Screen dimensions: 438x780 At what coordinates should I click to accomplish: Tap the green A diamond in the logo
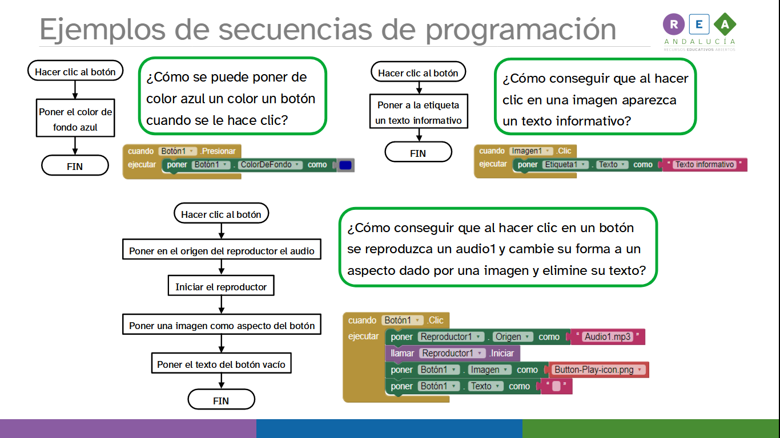725,24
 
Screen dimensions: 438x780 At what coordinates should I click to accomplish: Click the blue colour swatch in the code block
345,165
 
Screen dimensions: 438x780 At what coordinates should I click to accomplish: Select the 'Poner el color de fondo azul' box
75,120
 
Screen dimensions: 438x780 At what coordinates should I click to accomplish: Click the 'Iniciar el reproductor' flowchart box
221,287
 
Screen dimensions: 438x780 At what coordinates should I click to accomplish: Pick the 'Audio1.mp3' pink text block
608,336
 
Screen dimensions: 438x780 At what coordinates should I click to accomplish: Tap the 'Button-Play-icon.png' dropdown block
597,370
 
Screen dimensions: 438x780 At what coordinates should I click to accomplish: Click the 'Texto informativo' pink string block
704,165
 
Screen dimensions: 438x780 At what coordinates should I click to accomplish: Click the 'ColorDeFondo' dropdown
270,165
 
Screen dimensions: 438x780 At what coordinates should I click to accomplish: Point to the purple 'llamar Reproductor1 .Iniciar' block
452,353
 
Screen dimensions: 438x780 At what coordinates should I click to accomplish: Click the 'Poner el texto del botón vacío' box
221,364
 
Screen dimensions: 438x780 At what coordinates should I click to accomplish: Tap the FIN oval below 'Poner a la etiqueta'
418,153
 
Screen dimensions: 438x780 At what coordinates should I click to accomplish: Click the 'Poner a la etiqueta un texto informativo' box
418,112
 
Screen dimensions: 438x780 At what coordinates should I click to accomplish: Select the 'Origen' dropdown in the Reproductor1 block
513,336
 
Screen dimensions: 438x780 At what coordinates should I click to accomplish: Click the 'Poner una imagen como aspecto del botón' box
221,326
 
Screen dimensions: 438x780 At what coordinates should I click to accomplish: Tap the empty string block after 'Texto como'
556,386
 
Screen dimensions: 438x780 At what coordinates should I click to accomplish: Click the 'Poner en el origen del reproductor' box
221,251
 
